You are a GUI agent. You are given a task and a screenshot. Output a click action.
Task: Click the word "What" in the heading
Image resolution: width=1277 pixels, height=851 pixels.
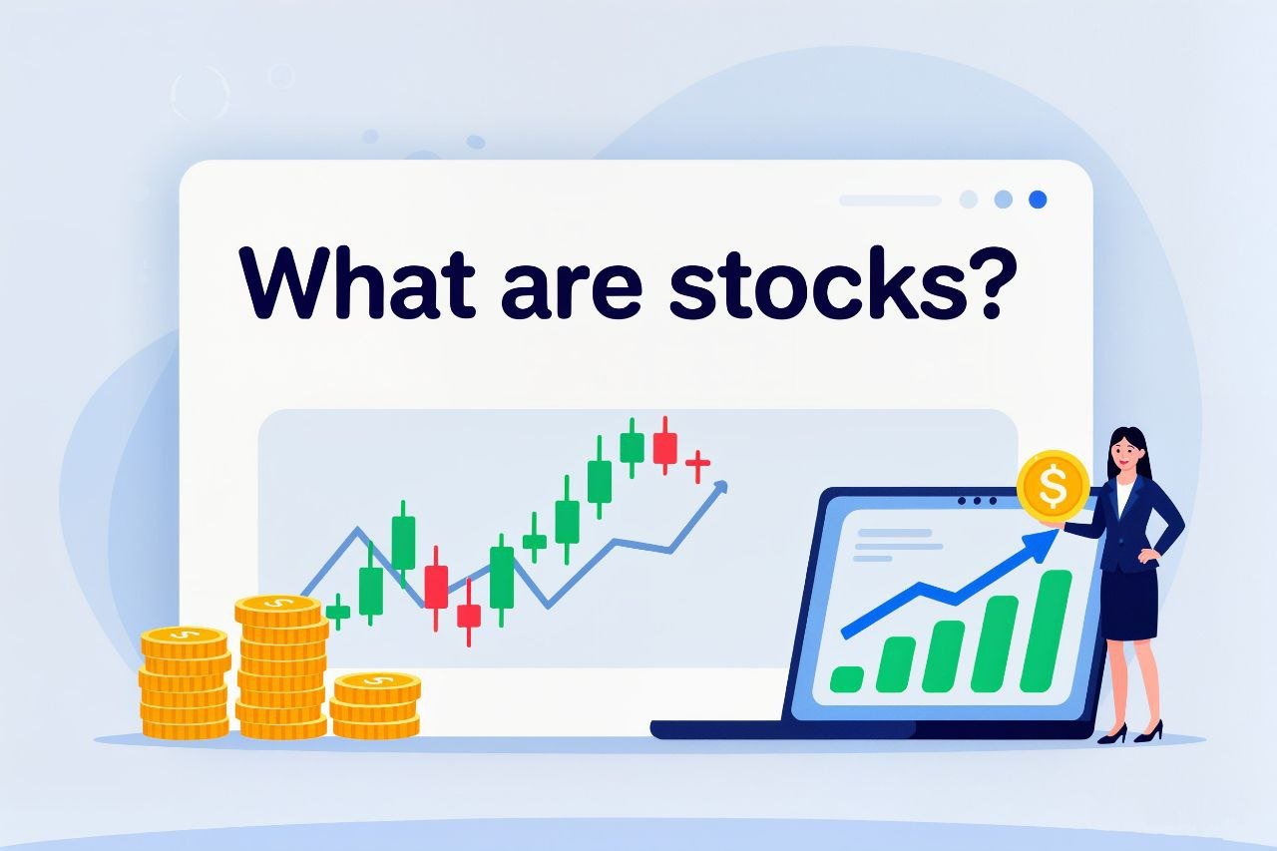point(357,282)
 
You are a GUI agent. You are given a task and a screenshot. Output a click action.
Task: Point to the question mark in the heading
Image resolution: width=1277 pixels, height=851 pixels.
point(985,282)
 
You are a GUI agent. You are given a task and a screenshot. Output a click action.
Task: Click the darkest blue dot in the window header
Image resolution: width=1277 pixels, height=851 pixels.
point(1038,200)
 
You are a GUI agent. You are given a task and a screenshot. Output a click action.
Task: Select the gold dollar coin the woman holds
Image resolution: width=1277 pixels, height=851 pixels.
point(1053,486)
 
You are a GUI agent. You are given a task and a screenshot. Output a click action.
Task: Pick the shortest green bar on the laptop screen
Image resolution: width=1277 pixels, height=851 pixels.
point(847,678)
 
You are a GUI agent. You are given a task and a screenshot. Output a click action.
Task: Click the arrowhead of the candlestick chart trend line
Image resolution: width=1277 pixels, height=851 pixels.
point(720,487)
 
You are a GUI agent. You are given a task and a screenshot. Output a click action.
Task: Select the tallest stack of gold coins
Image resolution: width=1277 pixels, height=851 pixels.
point(281,665)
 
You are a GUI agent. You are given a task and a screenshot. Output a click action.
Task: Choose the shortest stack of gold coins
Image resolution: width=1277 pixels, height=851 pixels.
point(376,705)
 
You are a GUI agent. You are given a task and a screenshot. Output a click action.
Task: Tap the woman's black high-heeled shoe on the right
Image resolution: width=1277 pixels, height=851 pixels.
point(1148,732)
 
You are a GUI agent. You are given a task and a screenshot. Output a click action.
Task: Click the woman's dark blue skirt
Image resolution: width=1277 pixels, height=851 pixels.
point(1129,603)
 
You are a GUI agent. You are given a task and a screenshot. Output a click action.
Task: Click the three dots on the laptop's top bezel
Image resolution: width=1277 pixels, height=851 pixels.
point(977,501)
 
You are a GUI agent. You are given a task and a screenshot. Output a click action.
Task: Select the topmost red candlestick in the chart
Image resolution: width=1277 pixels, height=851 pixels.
point(664,446)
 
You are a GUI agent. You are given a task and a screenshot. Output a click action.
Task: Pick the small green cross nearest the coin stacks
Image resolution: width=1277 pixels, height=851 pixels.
point(338,612)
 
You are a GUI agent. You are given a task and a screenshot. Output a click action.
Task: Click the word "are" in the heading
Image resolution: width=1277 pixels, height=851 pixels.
point(572,290)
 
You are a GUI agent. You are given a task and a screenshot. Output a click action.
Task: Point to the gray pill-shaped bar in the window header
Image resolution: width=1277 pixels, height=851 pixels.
point(890,201)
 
